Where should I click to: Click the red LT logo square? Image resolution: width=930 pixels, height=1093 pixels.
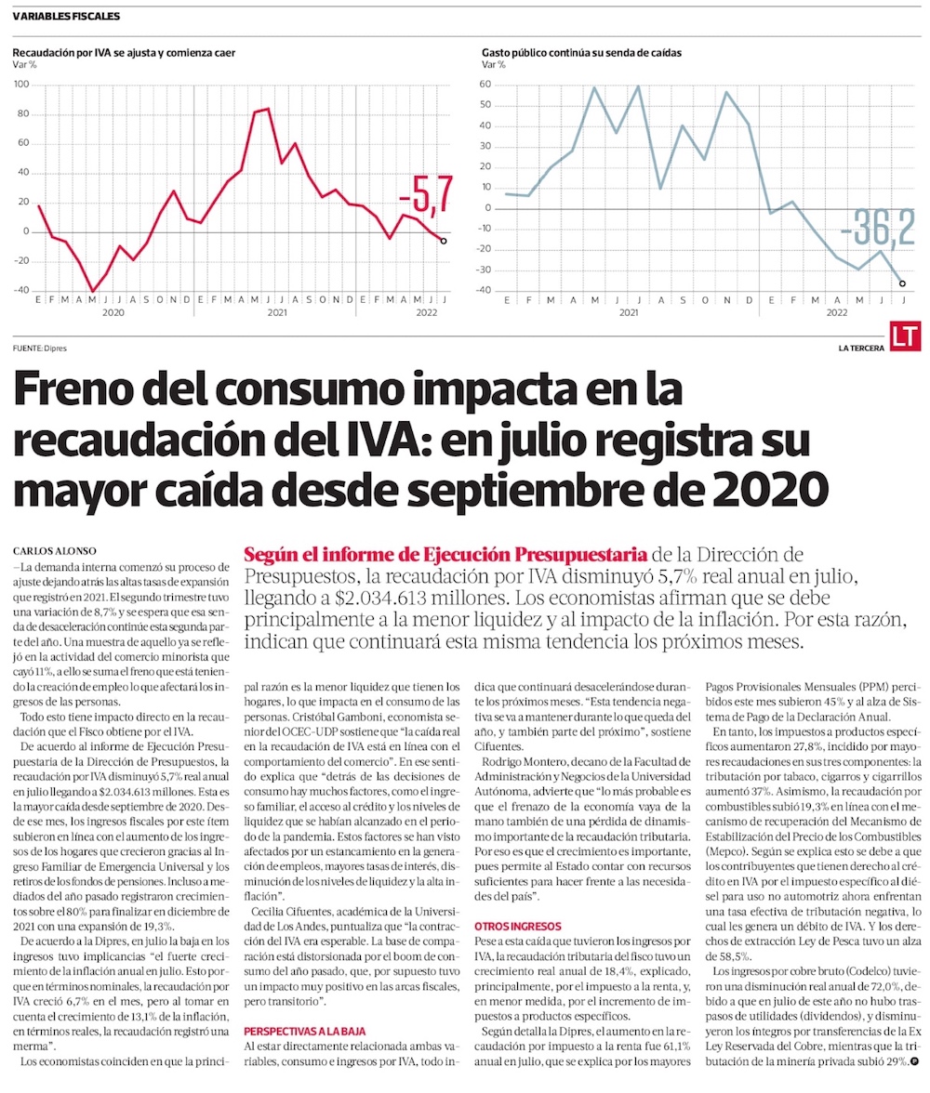[905, 336]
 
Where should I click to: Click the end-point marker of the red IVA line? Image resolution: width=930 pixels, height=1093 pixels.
[443, 241]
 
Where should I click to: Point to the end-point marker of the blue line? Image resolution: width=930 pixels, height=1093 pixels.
[903, 283]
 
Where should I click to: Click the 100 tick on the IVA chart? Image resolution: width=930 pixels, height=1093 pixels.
[20, 85]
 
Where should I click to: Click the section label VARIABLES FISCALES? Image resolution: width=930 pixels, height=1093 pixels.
[66, 17]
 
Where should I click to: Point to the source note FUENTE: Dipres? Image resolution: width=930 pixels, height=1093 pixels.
[40, 349]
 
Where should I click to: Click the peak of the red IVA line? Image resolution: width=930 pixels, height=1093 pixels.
[268, 109]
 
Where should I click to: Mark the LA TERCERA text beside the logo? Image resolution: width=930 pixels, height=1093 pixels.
[860, 349]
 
